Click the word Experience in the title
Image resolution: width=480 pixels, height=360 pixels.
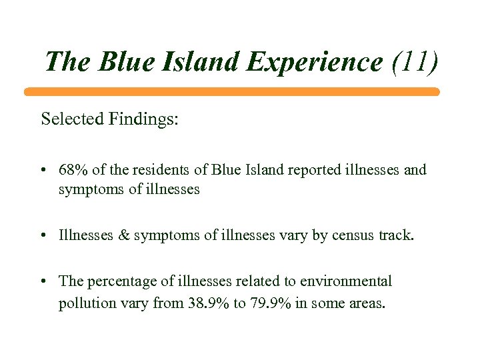point(315,61)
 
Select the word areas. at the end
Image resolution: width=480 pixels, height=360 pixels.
point(365,304)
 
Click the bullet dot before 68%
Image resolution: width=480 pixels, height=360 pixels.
point(44,170)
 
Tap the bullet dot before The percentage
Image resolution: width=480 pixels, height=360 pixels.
point(44,282)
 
